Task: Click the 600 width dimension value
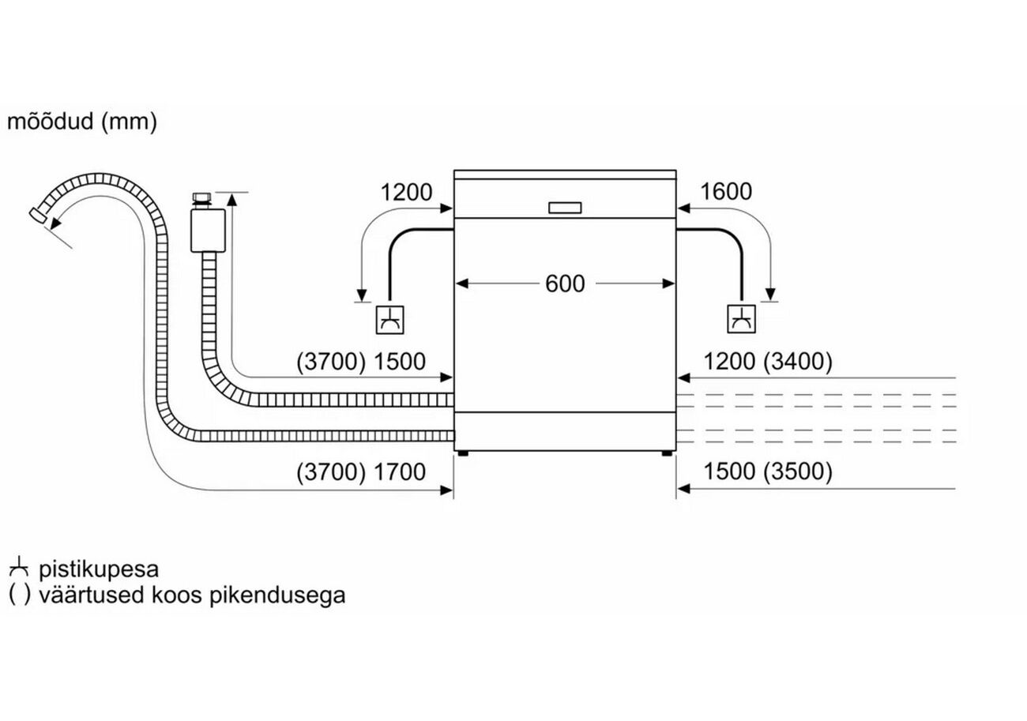point(565,284)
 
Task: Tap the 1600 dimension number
point(725,192)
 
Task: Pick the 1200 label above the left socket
point(406,192)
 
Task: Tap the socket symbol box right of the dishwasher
point(741,318)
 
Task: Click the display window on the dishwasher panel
point(564,208)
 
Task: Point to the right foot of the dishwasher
point(668,454)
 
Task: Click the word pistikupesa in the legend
point(99,569)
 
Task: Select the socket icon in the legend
point(18,568)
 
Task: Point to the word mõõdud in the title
point(50,122)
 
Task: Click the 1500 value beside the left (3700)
point(399,362)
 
